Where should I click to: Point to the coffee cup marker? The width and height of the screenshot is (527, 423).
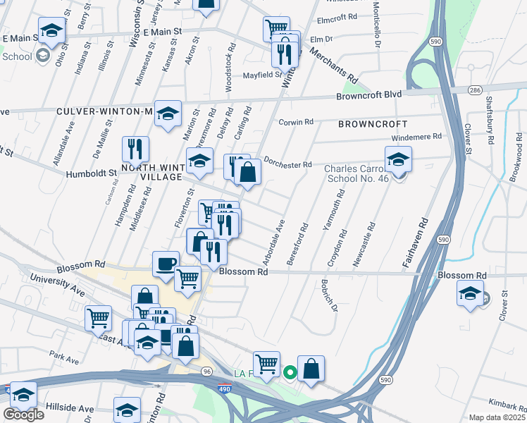166,264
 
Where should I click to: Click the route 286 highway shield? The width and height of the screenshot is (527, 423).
474,90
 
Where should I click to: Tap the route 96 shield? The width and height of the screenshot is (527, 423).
206,370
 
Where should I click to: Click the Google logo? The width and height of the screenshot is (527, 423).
23,415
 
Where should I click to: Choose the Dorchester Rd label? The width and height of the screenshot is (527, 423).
287,163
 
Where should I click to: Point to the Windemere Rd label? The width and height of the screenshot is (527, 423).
416,136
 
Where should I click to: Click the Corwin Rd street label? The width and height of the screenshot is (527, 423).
296,122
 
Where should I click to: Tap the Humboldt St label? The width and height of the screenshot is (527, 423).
91,173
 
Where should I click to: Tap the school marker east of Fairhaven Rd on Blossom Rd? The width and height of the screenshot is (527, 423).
471,294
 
